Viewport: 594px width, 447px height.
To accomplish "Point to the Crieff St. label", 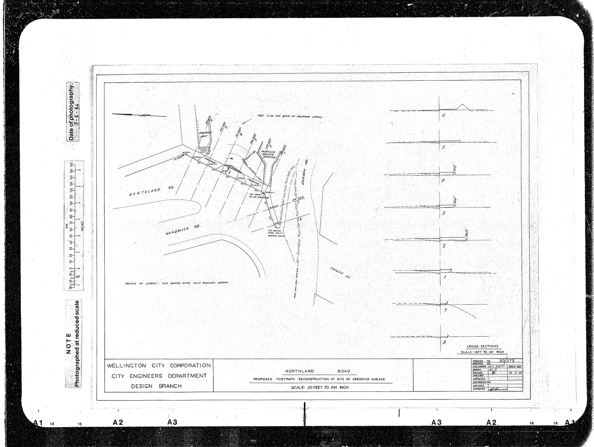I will click(339, 273).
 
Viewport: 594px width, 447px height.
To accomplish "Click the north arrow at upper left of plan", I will click(139, 115).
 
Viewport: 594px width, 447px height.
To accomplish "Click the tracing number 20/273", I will click(508, 360).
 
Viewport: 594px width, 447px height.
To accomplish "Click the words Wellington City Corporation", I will click(159, 366).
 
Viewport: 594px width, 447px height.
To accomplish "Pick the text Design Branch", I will click(156, 386).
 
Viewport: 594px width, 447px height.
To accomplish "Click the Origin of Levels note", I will click(177, 283).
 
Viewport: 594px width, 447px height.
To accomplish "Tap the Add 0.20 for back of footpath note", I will click(290, 116).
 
